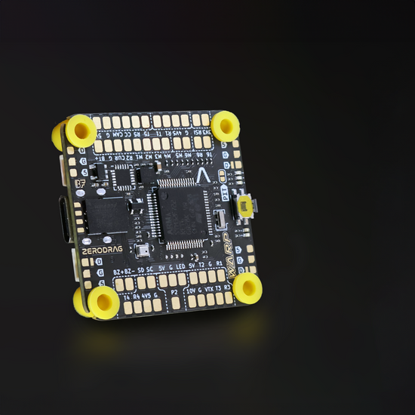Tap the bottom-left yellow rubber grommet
point(103,301)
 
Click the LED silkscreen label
point(181,265)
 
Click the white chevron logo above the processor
point(201,175)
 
